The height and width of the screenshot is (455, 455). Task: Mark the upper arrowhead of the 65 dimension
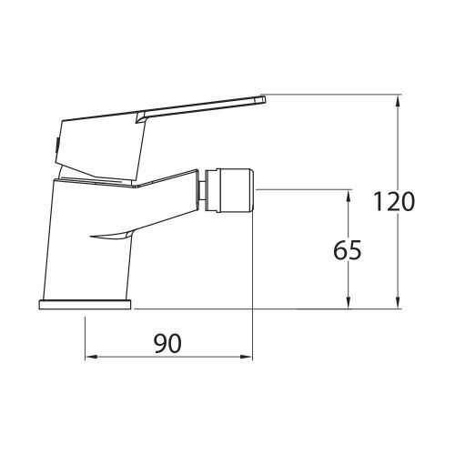[348, 195]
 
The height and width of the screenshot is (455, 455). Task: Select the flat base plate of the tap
[86, 304]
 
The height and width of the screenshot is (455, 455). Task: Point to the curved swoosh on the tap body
[111, 238]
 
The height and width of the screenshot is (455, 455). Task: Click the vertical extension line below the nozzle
[252, 273]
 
